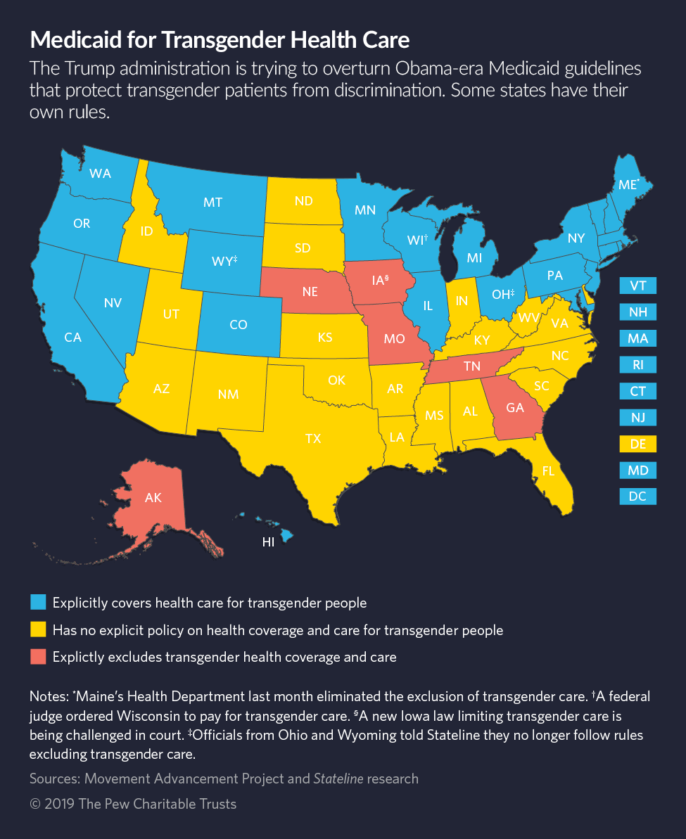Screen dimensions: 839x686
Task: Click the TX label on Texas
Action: tap(313, 438)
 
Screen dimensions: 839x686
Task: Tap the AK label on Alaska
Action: tap(153, 498)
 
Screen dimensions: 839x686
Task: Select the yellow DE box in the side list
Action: tap(638, 444)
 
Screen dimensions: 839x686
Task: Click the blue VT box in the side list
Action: tap(638, 286)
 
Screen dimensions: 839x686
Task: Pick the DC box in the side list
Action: tap(638, 497)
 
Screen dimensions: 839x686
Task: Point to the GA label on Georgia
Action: tap(516, 409)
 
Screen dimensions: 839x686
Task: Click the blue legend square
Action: tap(38, 603)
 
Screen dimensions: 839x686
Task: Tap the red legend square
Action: tap(38, 657)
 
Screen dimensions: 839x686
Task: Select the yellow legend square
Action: tap(38, 629)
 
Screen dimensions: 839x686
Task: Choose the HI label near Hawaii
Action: tap(268, 542)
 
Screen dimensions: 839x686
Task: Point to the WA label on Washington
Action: tap(100, 173)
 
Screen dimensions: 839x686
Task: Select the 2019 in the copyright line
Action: tap(63, 804)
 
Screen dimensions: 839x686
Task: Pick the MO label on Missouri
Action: tap(395, 338)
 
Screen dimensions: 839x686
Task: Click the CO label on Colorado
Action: tap(239, 325)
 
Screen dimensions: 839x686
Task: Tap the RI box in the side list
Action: tap(638, 365)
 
